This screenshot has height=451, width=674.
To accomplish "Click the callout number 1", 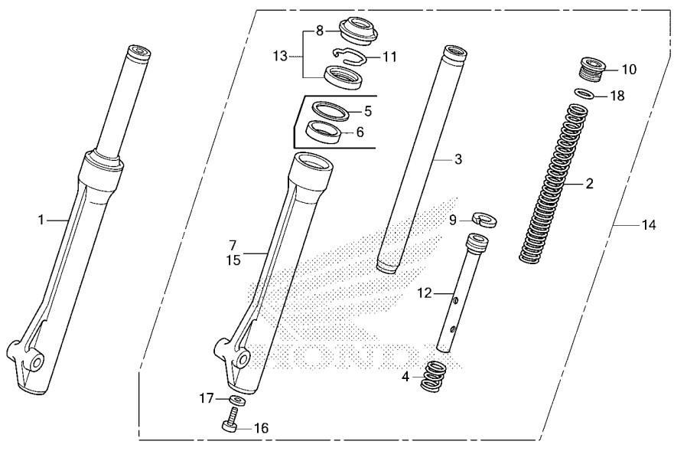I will (43, 220).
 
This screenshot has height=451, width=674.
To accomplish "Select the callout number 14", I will (649, 225).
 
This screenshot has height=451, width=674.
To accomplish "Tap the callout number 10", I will (628, 70).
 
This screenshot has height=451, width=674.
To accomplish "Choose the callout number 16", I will (261, 428).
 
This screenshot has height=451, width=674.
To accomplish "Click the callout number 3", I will (458, 160).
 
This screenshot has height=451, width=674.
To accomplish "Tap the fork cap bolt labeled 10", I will (593, 68).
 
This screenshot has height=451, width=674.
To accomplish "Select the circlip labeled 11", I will (348, 56).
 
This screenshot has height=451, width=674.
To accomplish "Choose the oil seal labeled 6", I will (324, 132).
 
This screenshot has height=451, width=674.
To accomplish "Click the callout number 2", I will (589, 184).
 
